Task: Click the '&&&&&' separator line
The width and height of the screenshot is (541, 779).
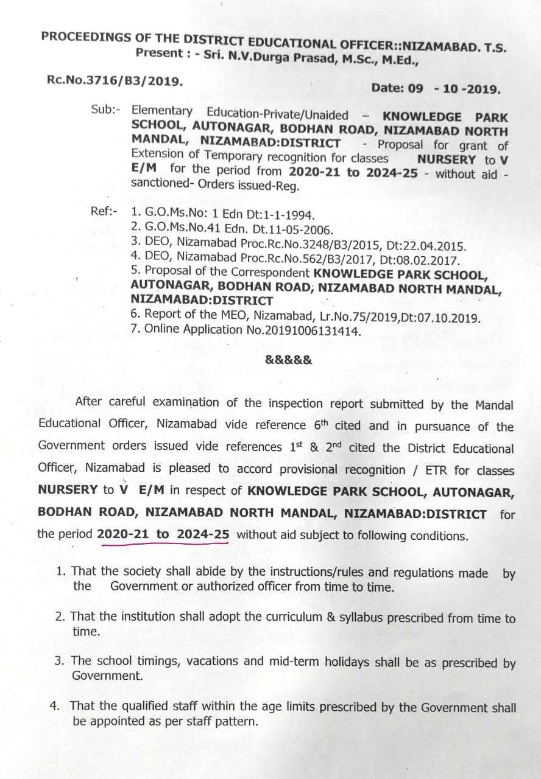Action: pyautogui.click(x=289, y=359)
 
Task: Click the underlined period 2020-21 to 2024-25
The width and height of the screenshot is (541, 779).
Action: pyautogui.click(x=163, y=535)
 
